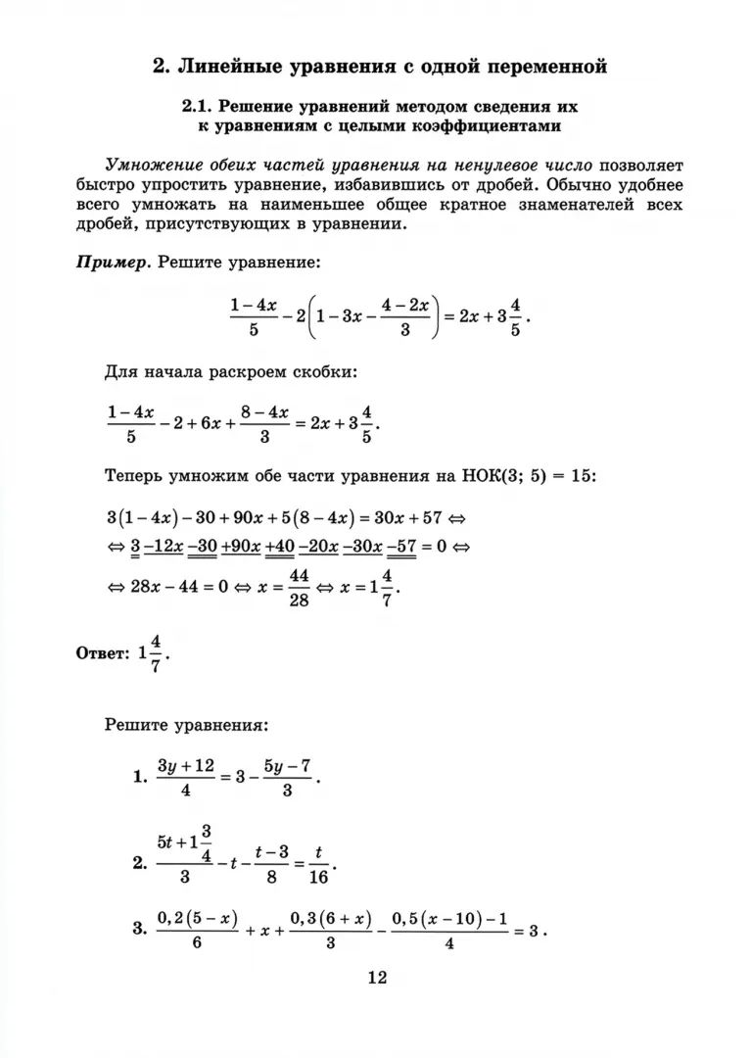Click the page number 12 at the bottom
377,977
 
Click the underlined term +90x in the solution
240,547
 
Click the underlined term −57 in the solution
401,547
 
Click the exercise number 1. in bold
140,777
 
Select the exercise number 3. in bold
140,929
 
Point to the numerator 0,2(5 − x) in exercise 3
198,918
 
